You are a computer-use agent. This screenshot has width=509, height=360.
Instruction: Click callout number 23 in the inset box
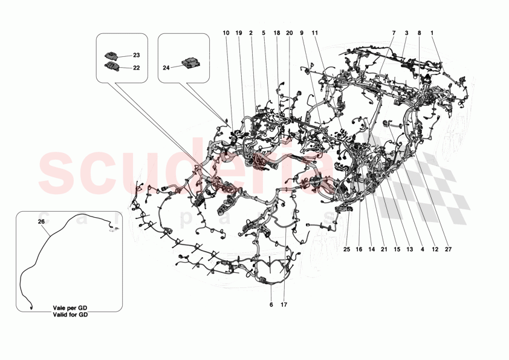coord(136,55)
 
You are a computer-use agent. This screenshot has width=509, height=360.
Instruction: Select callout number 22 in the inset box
coord(136,68)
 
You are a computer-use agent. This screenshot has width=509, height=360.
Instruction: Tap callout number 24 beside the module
coord(166,67)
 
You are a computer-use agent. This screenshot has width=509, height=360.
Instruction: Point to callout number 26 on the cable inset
coord(41,221)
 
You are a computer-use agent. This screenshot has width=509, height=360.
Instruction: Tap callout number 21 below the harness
coord(384,249)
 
